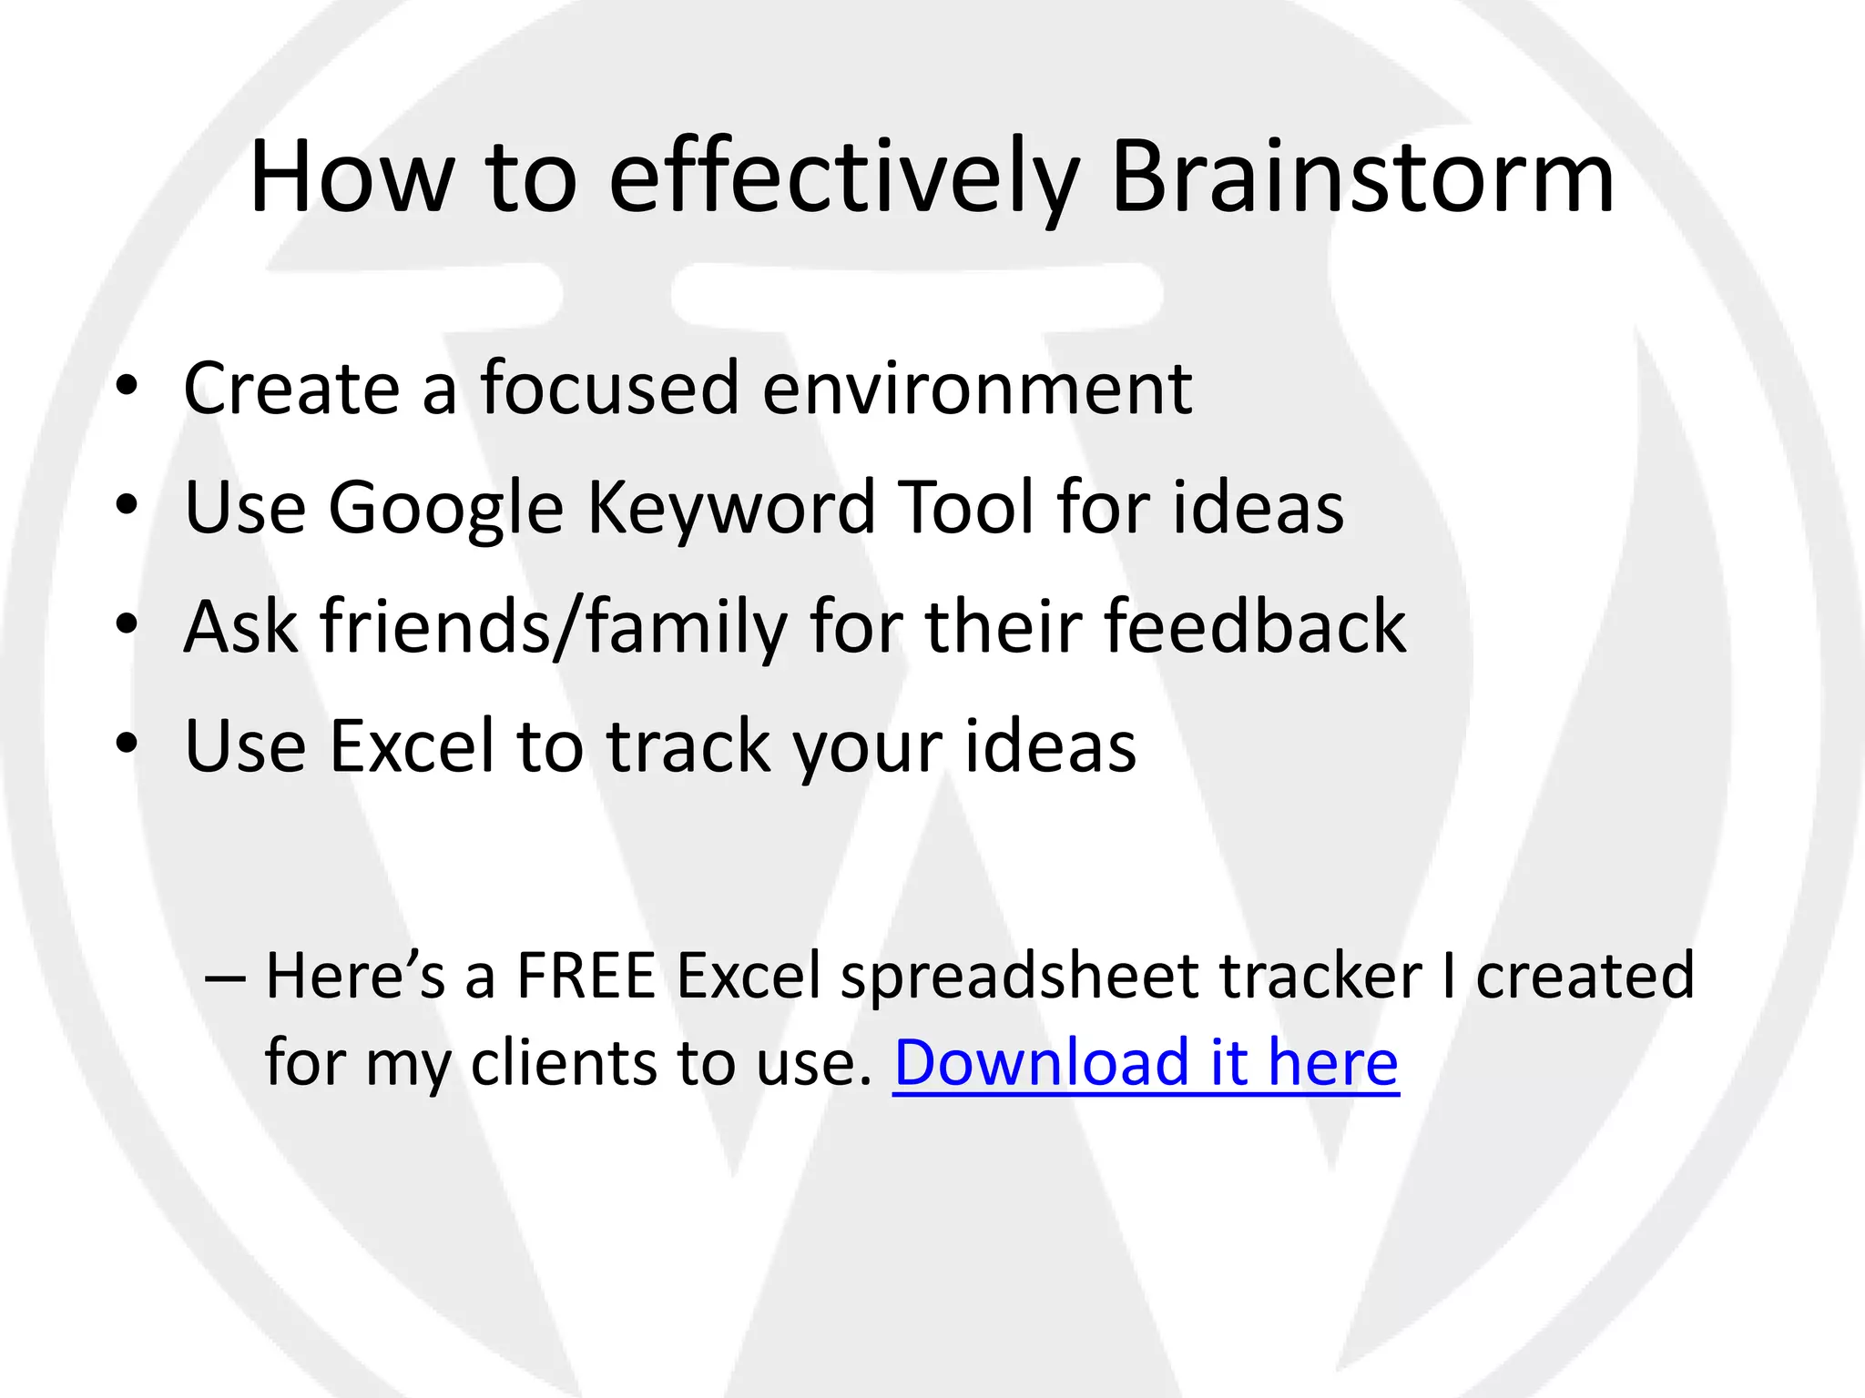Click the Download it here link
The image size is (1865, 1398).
pyautogui.click(x=1146, y=1062)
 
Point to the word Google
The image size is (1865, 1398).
pyautogui.click(x=445, y=507)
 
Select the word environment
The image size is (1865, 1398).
pyautogui.click(x=976, y=389)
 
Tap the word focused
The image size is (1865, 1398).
pyautogui.click(x=609, y=389)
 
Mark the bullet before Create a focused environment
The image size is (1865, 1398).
pyautogui.click(x=127, y=386)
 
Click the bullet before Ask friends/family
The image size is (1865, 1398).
pyautogui.click(x=127, y=624)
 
